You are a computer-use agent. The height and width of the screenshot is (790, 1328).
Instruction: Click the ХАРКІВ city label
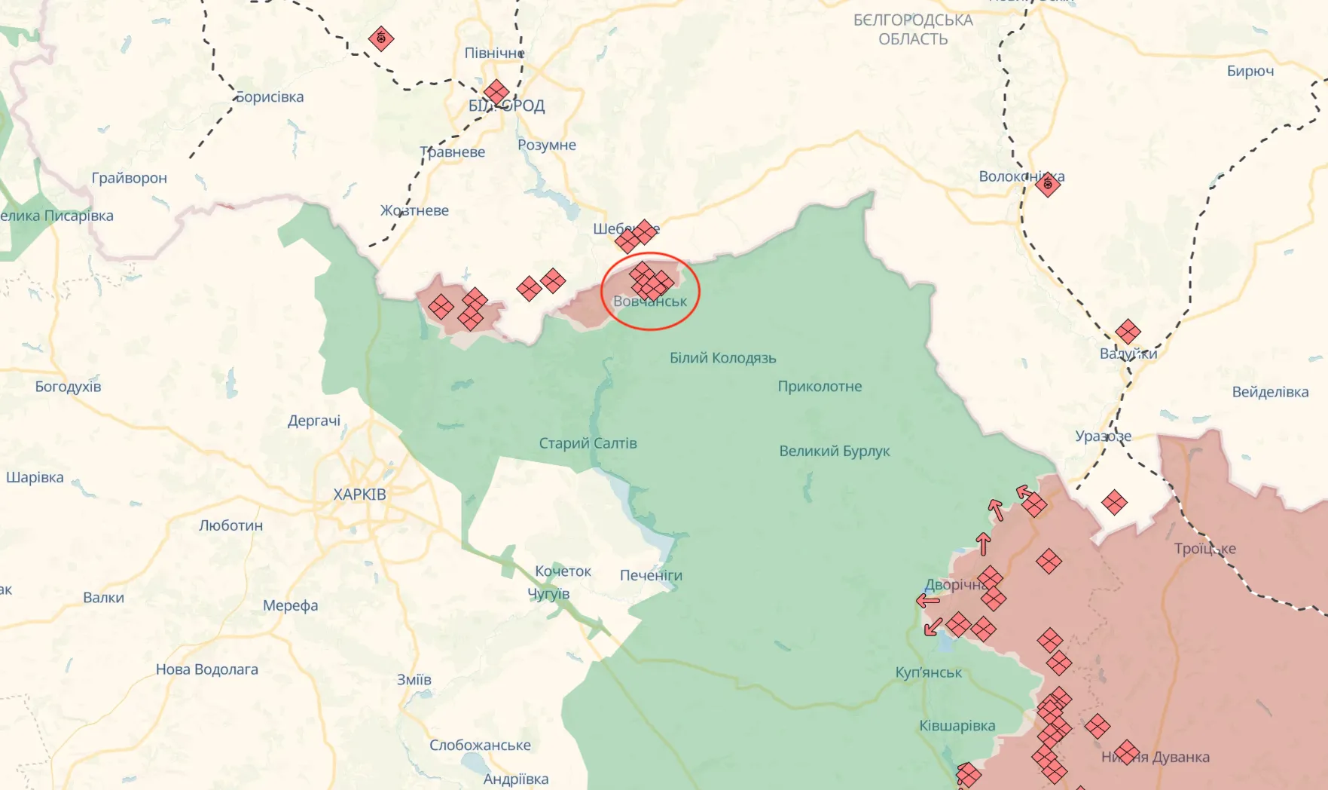coord(359,495)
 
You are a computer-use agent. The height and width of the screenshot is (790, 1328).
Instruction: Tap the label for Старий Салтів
coord(588,443)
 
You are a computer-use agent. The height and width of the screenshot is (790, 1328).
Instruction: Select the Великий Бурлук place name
coord(835,451)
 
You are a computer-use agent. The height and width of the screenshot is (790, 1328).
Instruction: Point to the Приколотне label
coord(820,387)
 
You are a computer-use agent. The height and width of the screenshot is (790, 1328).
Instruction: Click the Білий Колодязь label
coord(722,358)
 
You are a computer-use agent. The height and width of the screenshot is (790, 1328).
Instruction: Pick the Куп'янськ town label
coord(928,672)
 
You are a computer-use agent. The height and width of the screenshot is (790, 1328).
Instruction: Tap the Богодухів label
coord(68,387)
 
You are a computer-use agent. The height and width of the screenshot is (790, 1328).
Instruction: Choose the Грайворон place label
coord(129,178)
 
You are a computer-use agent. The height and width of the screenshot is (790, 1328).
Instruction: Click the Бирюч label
coord(1250,71)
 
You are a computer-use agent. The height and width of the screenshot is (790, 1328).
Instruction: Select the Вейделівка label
coord(1270,392)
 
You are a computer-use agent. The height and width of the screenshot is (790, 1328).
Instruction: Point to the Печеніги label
coord(651,575)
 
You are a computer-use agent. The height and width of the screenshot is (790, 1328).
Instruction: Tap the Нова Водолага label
coord(206,669)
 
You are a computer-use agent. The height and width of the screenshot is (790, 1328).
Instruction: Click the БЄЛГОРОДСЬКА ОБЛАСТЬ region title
coord(913,29)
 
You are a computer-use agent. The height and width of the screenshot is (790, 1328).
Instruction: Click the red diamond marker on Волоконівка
coord(1047,183)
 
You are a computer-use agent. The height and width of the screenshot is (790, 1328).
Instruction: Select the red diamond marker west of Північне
coord(381,38)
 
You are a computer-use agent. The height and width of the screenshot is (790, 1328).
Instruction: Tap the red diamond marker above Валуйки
coord(1127,331)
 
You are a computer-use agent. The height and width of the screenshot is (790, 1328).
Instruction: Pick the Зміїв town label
coord(414,680)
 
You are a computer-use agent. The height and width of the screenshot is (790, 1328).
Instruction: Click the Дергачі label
coord(313,421)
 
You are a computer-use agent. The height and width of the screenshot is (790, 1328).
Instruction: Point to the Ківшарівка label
coord(957,726)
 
